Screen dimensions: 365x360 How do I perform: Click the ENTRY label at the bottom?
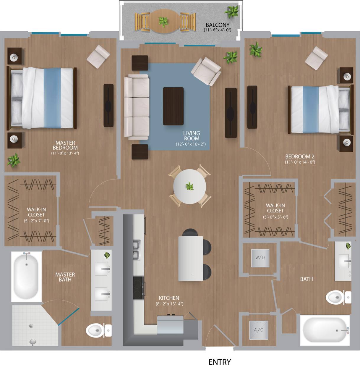[x=220, y=362]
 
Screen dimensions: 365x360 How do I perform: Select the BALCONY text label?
[x=218, y=25]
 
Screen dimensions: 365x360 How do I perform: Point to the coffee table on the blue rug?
[x=173, y=106]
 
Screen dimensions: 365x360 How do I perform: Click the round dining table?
[x=189, y=187]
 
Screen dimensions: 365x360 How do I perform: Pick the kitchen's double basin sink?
[x=136, y=250]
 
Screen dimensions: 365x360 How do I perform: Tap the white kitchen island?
[x=191, y=258]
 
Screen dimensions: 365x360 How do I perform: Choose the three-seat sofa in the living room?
[x=136, y=107]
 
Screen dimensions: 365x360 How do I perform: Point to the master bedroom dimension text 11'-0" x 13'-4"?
[x=65, y=153]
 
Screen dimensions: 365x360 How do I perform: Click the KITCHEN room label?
[x=169, y=298]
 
